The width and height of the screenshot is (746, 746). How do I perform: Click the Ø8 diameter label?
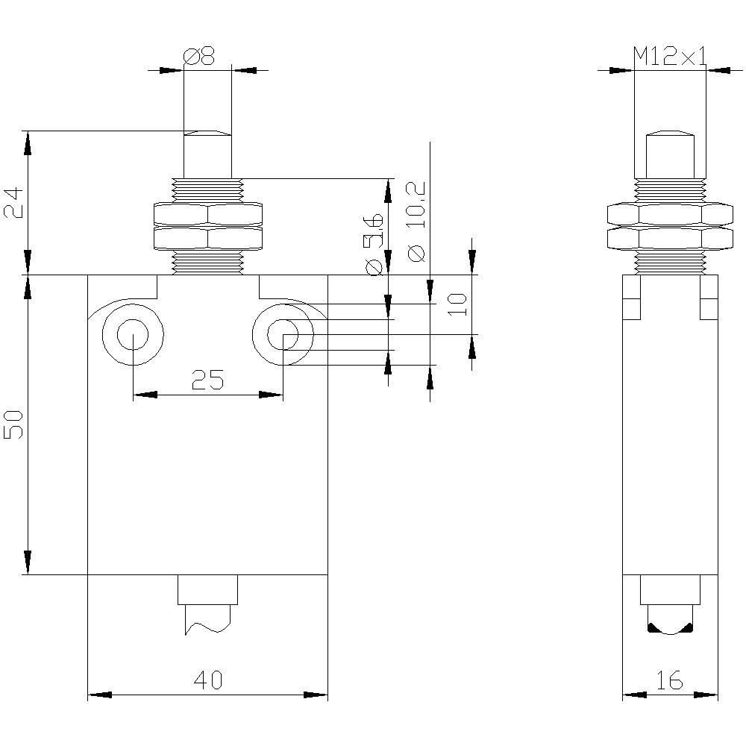[x=198, y=57]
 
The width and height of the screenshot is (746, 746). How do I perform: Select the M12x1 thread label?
[x=669, y=57]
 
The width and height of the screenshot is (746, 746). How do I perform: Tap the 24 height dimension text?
[x=16, y=202]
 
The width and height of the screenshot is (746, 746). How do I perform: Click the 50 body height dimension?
[x=16, y=424]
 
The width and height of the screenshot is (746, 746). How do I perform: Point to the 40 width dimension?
[x=208, y=680]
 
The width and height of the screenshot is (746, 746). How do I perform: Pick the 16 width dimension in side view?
[x=670, y=680]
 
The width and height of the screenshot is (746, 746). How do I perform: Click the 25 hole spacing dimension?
[x=207, y=380]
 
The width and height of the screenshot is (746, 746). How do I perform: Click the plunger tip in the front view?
[x=207, y=134]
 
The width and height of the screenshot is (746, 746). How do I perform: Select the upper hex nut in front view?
[x=208, y=215]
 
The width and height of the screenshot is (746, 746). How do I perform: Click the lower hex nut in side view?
[x=670, y=239]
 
